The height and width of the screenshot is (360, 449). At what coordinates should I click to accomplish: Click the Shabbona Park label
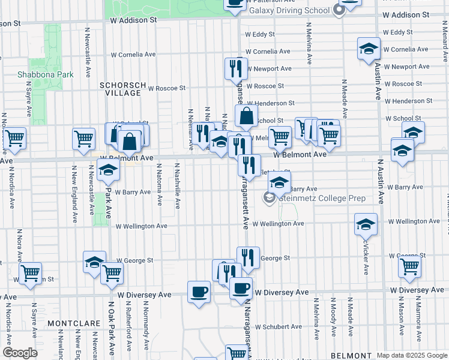(x=37, y=74)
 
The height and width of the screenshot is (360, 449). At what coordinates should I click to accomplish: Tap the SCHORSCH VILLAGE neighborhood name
(x=122, y=89)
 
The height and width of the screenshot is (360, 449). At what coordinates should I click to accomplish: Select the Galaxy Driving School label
(x=289, y=10)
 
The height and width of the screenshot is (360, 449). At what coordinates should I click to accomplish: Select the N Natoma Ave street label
(x=160, y=185)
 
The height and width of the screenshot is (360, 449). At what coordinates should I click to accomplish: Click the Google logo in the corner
(x=20, y=353)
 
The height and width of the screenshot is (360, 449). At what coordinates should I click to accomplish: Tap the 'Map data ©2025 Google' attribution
(x=411, y=355)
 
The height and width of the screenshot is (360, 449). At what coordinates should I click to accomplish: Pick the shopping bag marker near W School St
(x=246, y=116)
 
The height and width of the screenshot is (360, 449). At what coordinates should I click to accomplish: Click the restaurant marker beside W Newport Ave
(x=235, y=68)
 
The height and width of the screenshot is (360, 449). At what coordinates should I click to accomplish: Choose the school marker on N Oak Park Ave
(x=108, y=170)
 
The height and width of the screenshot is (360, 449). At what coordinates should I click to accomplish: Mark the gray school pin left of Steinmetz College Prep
(x=270, y=197)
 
